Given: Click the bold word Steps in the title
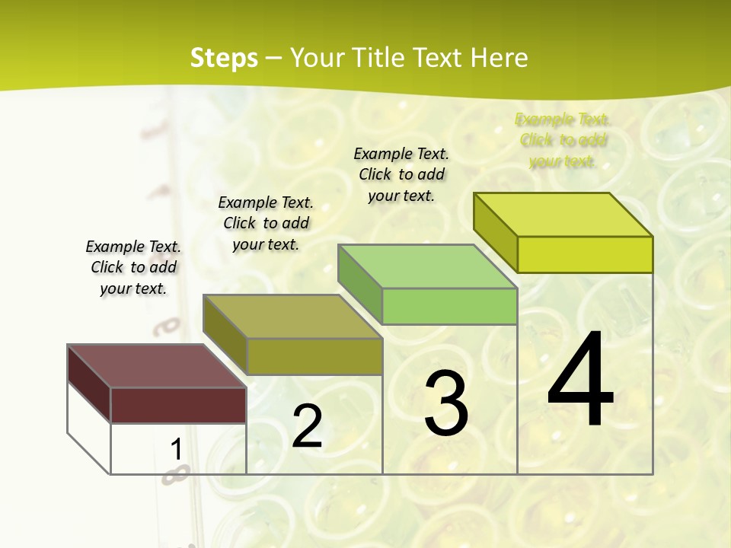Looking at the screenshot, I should [224, 58].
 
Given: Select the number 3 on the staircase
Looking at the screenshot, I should [446, 403].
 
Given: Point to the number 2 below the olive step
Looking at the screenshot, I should [307, 427].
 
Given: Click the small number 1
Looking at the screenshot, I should [176, 450].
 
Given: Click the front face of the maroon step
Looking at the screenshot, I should [178, 405].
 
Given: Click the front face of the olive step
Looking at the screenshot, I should [314, 356].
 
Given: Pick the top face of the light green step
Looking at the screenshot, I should [427, 266].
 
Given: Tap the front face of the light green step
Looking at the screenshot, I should [449, 306].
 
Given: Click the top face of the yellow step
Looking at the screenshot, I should [563, 215].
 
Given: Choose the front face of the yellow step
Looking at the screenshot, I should [585, 254].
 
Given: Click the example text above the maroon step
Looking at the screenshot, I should [133, 267].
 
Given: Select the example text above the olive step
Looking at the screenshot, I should [266, 223].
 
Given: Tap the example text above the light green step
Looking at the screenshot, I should [401, 174].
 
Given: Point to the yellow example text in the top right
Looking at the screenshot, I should [563, 140].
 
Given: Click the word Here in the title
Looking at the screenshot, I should [500, 58].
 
